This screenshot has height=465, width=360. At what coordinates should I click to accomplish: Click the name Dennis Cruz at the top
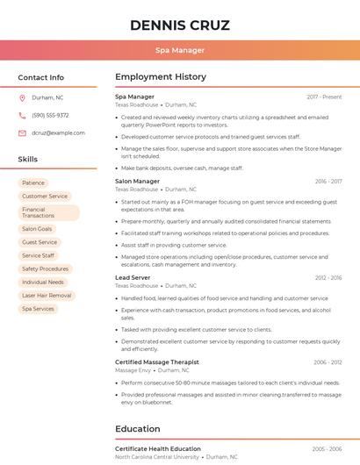click(180, 25)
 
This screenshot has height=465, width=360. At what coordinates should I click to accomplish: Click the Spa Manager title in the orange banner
click(180, 51)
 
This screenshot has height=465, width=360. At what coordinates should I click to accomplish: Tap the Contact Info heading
click(41, 77)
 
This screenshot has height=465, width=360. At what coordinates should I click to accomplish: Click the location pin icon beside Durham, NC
click(23, 98)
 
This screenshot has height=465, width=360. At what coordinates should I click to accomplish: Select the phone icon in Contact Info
click(23, 116)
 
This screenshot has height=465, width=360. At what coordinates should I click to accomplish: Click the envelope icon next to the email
click(23, 133)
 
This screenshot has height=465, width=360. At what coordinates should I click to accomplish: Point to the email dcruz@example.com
click(58, 133)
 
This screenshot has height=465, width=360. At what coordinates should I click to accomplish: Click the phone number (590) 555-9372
click(50, 116)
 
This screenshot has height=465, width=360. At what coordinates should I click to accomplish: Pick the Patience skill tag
click(33, 183)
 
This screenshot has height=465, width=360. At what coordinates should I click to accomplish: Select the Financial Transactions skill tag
click(48, 212)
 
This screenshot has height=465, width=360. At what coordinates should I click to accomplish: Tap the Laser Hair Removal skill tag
click(47, 296)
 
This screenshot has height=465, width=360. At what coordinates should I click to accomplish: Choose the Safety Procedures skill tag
click(45, 268)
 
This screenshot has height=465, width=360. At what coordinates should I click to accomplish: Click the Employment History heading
click(161, 77)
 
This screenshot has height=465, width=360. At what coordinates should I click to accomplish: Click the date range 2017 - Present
click(324, 97)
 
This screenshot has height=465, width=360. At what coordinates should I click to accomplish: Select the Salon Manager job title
click(137, 182)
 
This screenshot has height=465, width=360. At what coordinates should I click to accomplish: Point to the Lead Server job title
click(133, 277)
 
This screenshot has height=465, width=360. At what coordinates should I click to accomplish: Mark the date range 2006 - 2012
click(328, 362)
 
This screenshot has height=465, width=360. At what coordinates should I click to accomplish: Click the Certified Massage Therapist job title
click(157, 362)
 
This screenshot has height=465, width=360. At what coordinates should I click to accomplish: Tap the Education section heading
click(138, 429)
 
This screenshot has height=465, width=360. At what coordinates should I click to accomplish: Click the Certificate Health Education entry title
click(158, 449)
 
